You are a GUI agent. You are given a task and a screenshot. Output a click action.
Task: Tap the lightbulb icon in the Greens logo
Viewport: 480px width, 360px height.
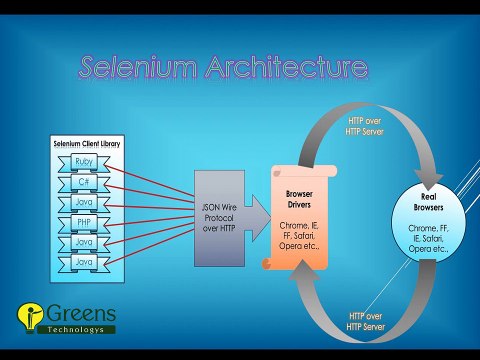[27, 317]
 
